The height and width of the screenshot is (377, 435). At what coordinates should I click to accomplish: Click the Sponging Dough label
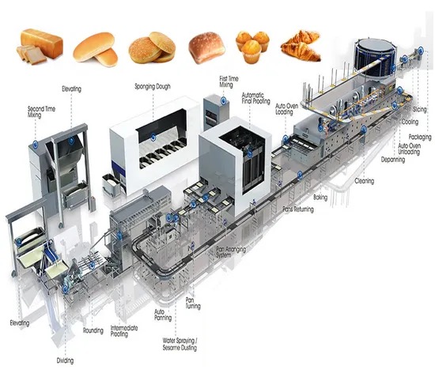point(153,86)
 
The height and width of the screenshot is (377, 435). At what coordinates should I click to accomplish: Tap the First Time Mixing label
point(229,81)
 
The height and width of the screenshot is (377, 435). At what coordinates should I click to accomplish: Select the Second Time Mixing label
point(42,111)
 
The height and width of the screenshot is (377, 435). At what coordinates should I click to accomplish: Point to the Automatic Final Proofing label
point(255,98)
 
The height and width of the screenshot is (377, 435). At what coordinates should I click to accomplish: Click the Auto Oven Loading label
point(287,109)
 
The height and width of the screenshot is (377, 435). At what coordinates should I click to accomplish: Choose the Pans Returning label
point(298,209)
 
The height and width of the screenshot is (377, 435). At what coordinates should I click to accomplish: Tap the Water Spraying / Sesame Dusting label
point(180,344)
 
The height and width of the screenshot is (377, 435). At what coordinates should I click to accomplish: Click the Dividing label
point(65,360)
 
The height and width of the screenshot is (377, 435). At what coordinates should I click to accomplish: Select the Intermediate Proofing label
point(124,331)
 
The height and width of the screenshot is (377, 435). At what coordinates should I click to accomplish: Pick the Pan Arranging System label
point(231,252)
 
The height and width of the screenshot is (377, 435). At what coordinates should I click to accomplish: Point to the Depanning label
point(393,160)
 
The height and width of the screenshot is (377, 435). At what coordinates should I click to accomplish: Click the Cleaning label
point(365,181)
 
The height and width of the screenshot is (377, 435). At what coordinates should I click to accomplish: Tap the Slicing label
point(419,110)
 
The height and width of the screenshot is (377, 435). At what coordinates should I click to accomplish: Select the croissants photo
point(301,46)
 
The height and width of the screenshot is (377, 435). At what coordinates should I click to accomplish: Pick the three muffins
point(252,47)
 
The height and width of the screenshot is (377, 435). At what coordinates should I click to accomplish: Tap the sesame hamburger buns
point(152,47)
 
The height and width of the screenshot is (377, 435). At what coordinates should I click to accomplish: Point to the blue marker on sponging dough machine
point(153,137)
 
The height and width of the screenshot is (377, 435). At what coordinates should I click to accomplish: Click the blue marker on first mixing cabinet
point(223,100)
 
